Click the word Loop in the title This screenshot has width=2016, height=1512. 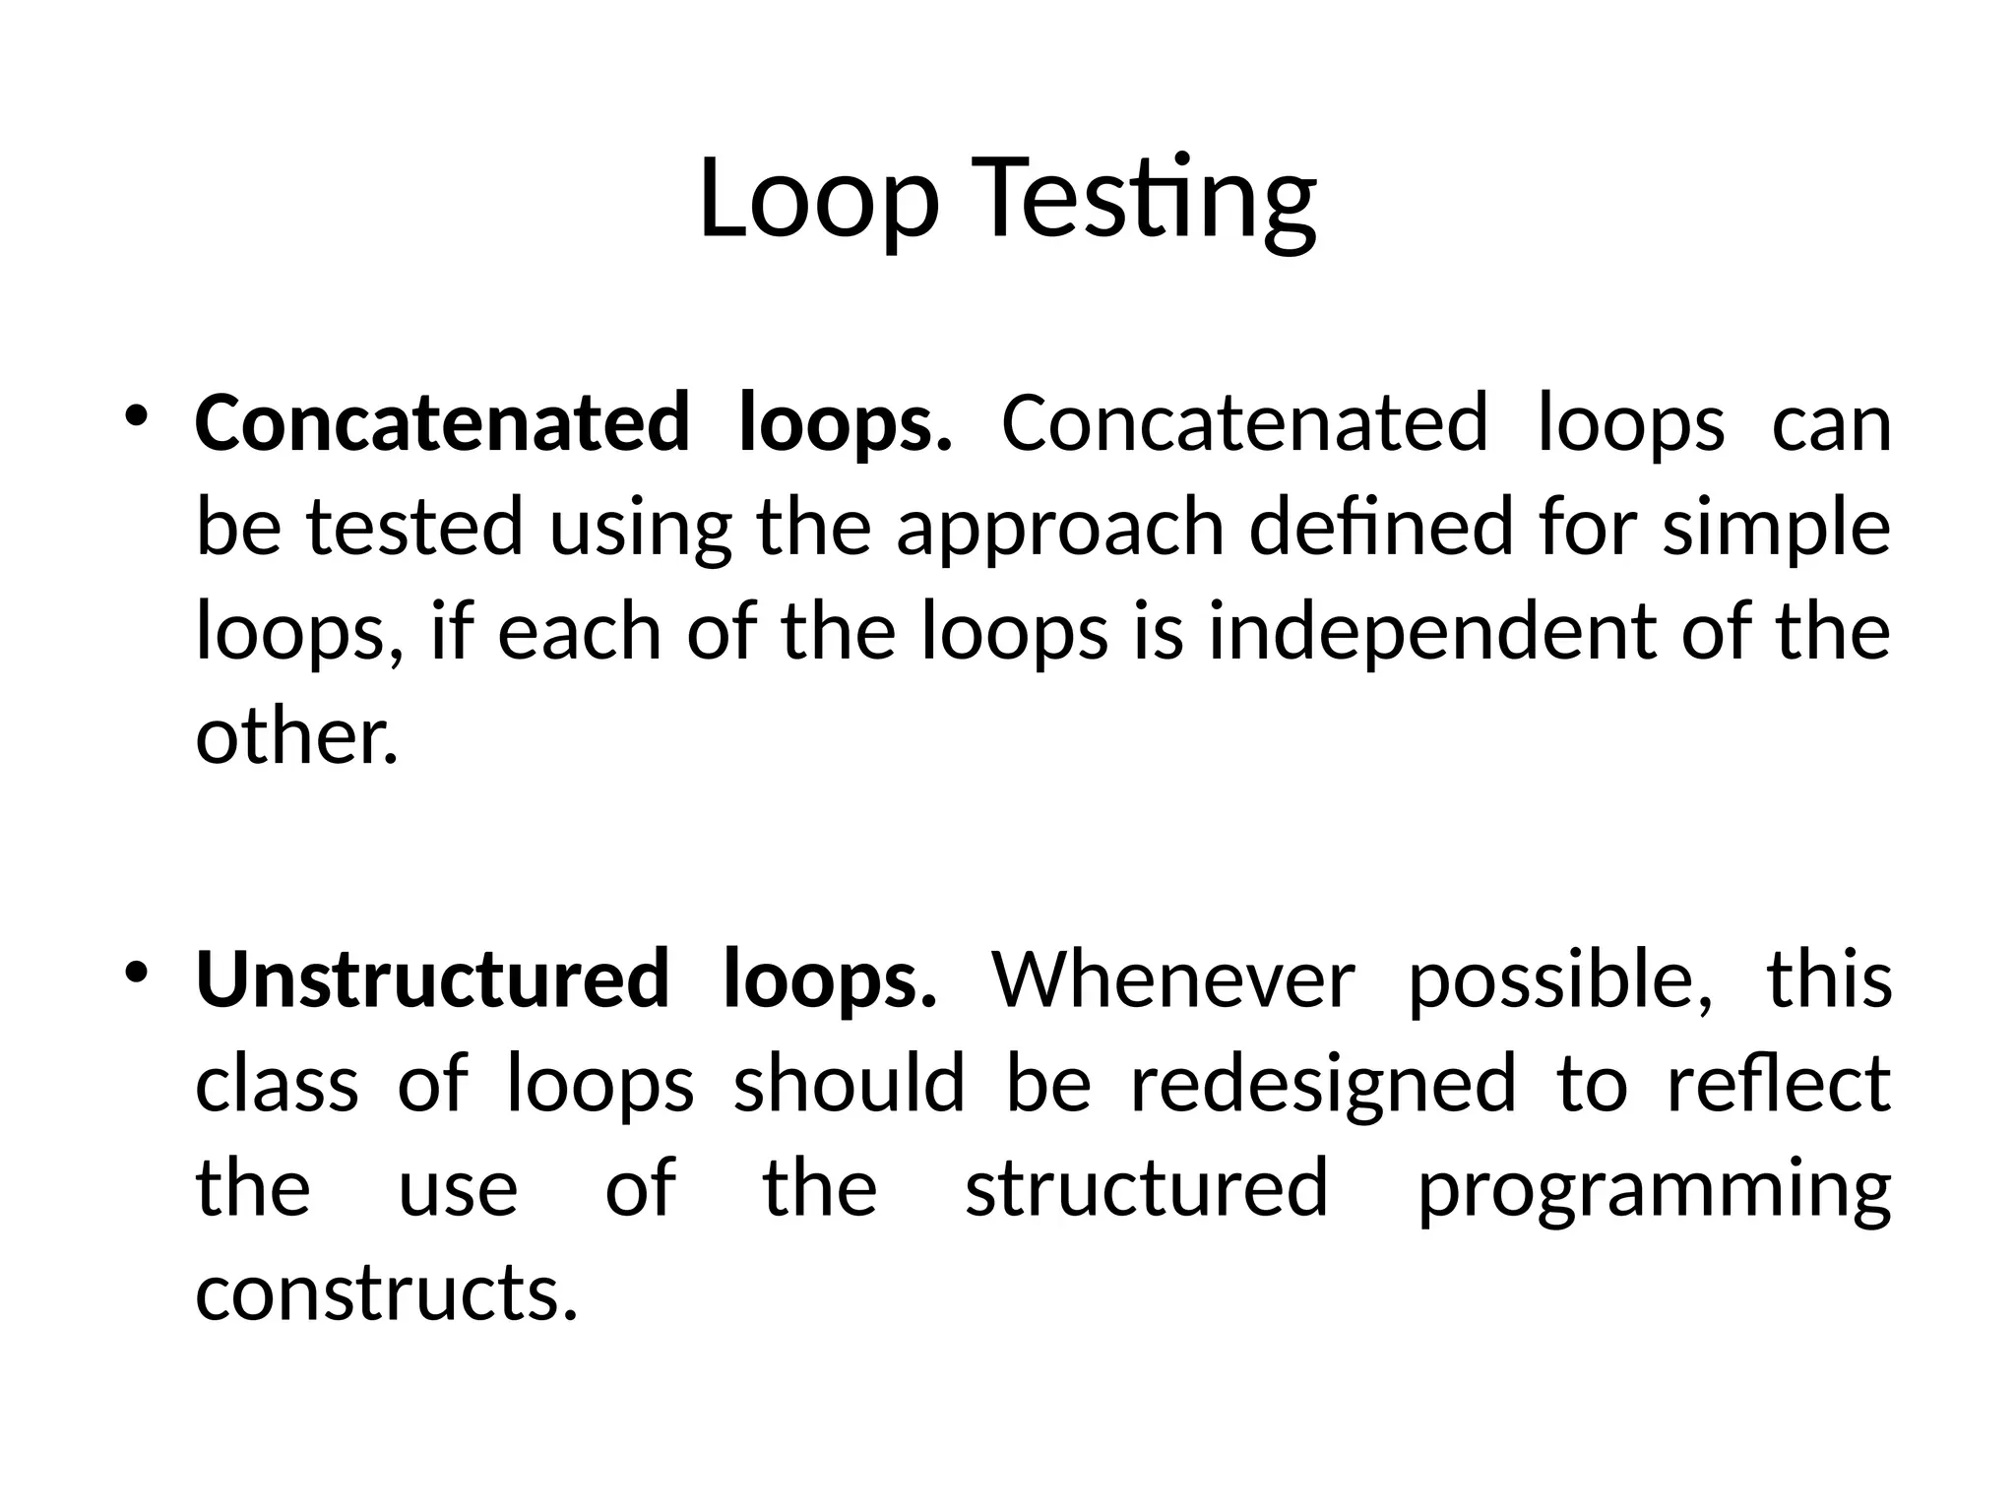pos(818,201)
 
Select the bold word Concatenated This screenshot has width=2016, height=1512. pos(442,423)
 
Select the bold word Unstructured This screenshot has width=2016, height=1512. pos(432,980)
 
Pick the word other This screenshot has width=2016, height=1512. pos(296,738)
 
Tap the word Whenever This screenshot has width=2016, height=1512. pos(1173,980)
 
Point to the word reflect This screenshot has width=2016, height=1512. pos(1779,1084)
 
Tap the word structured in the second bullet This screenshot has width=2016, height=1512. pos(1147,1188)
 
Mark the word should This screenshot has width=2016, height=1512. pos(849,1084)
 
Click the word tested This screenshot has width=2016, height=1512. pos(414,528)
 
